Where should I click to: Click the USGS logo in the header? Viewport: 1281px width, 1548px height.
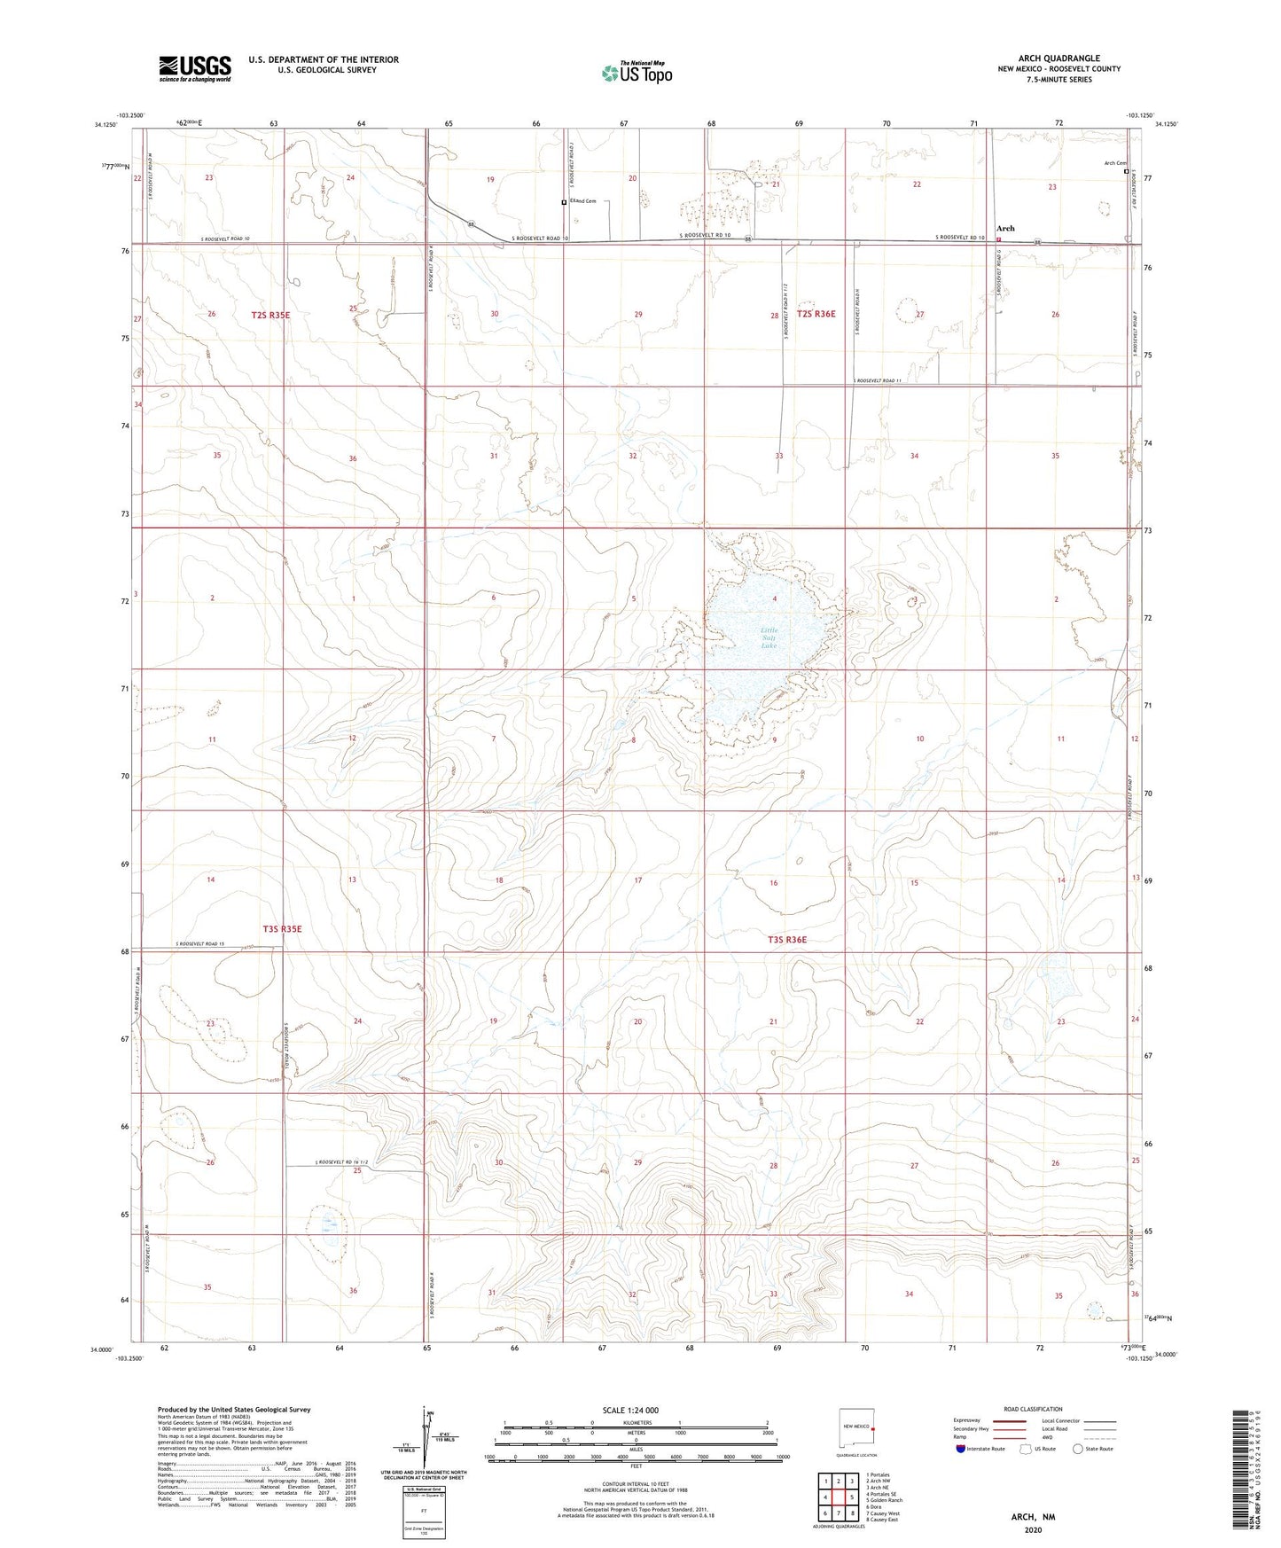coord(195,67)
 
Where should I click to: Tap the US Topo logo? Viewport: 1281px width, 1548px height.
coord(636,73)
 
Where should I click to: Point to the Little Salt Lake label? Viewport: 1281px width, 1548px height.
coord(769,637)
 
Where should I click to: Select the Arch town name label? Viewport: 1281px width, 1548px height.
coord(1005,228)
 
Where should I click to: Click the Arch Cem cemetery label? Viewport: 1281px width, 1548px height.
coord(1114,163)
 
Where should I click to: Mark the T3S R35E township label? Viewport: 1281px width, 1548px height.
coord(282,928)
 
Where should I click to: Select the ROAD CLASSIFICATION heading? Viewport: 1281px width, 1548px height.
coord(1033,1409)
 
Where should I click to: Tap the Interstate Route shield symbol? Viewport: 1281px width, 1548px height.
coord(962,1449)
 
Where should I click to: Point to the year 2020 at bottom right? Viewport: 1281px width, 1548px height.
coord(1032,1529)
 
